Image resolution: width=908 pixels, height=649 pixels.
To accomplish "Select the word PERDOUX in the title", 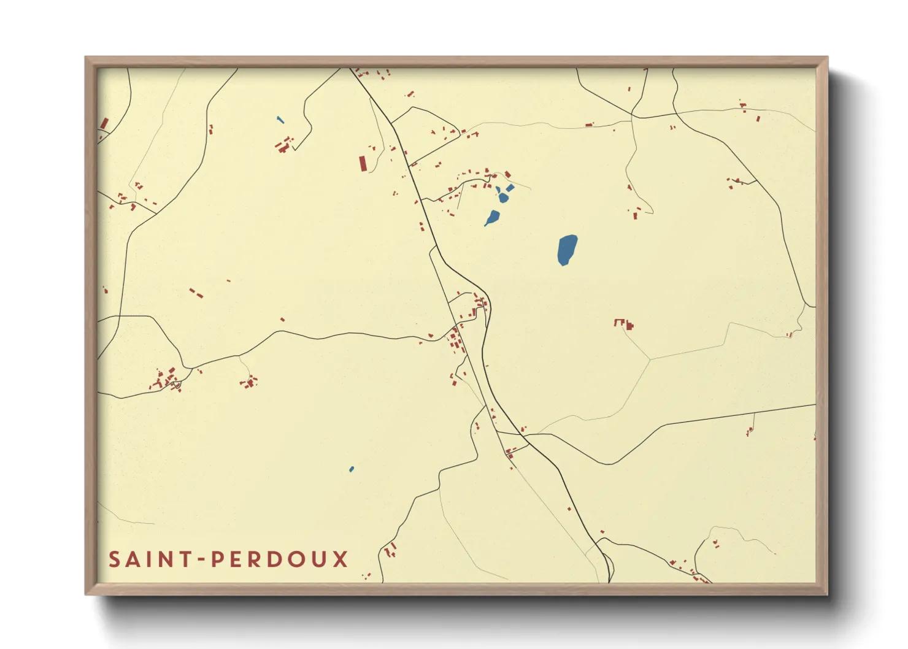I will click(x=280, y=559).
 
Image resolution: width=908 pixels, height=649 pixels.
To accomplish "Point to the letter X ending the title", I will click(x=340, y=559).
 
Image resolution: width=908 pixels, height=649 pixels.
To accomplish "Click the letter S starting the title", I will click(x=115, y=559).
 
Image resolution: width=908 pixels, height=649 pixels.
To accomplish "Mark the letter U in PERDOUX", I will click(x=320, y=559).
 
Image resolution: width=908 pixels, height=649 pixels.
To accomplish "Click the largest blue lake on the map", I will click(x=567, y=250).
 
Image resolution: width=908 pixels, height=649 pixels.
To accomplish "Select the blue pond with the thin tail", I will click(x=493, y=217).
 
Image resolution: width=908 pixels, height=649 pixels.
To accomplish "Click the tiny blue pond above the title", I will click(x=352, y=469).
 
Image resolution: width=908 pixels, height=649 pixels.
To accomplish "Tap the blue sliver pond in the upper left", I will click(x=280, y=120).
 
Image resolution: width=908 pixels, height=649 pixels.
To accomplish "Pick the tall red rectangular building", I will click(x=363, y=164).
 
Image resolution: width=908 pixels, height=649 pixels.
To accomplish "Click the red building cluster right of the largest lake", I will click(x=624, y=323).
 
